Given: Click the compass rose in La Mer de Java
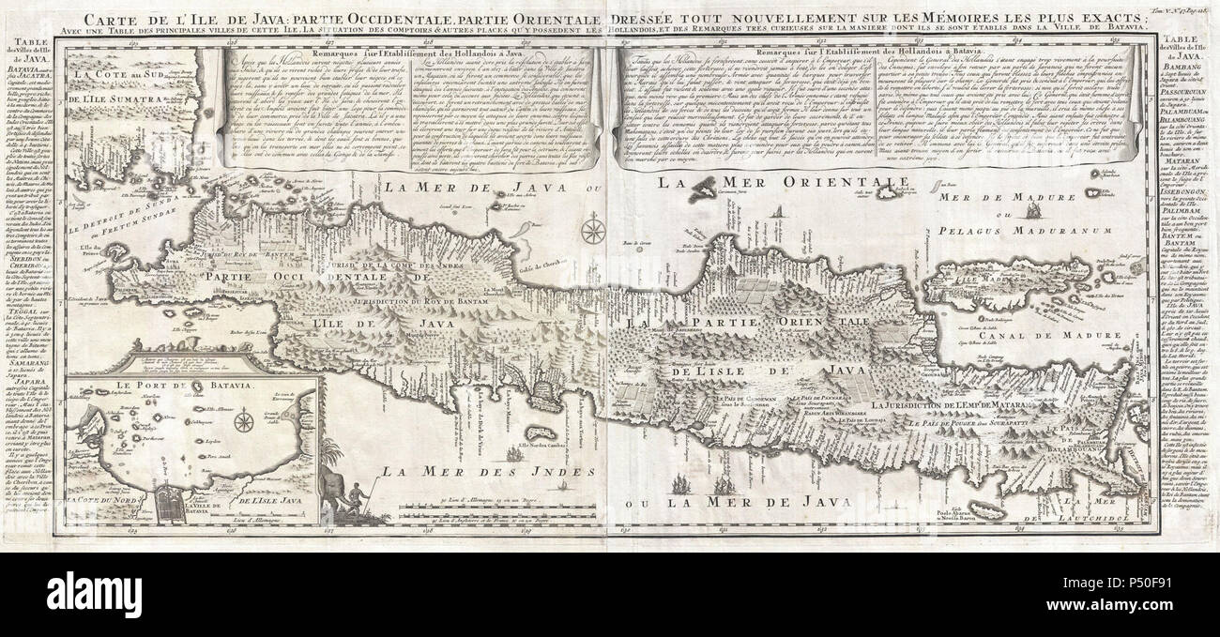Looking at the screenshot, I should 591,230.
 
